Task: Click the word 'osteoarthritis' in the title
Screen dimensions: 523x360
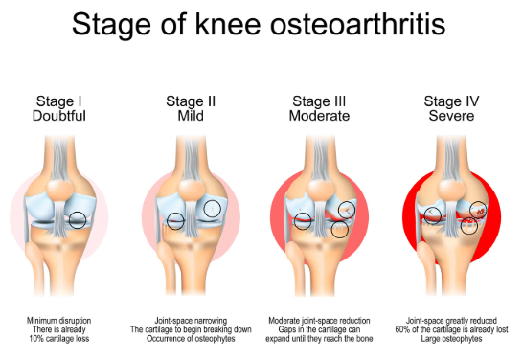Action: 357,25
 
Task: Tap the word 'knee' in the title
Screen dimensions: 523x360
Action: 228,24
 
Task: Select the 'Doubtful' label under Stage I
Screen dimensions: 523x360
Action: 59,116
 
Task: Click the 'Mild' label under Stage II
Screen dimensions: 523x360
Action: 191,116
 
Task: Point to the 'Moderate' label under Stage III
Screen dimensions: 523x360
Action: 319,116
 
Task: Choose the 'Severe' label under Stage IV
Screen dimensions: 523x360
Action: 451,116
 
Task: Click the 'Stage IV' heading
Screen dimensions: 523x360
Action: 451,101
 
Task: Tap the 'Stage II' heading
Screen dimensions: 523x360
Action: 191,101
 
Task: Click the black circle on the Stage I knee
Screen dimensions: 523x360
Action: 78,212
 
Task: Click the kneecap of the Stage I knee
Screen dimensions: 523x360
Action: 59,190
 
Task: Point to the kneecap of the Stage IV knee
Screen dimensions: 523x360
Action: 451,190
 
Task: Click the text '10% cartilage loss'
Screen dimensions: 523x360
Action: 59,339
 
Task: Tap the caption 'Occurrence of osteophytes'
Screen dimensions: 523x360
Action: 191,339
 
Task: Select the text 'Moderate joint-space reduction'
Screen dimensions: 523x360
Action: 319,321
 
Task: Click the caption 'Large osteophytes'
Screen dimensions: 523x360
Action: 451,339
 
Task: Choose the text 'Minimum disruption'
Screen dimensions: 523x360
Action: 59,321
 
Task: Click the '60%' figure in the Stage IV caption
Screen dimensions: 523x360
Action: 402,329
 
